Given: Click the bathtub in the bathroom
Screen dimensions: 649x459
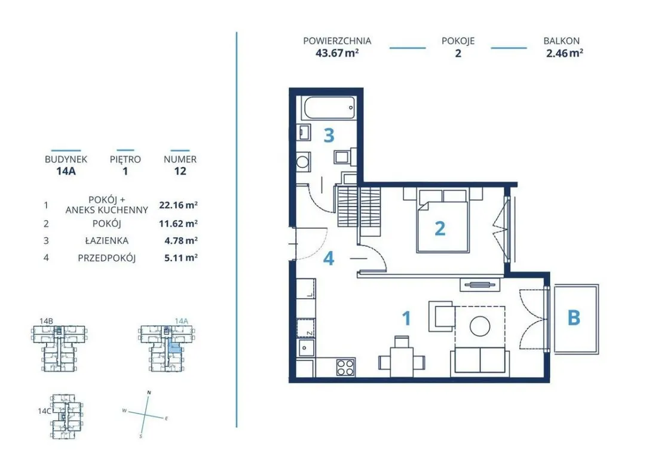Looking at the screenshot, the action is click(x=330, y=108).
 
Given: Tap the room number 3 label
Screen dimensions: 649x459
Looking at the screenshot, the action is click(x=329, y=135).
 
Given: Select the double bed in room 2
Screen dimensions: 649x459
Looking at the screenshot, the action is click(x=443, y=220).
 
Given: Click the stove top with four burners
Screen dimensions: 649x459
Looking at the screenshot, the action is click(x=345, y=367).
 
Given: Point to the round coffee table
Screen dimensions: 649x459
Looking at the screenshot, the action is click(x=480, y=326).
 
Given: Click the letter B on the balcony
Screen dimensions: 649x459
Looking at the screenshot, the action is click(x=574, y=318).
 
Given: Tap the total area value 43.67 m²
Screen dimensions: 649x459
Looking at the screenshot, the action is click(x=337, y=53).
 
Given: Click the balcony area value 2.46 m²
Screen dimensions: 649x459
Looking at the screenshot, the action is click(x=564, y=53).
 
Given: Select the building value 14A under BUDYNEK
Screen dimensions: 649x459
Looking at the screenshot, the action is click(x=66, y=171).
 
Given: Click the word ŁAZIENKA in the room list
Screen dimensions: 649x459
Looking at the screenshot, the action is click(x=107, y=240).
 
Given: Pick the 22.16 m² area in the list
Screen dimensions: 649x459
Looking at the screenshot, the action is click(x=179, y=205).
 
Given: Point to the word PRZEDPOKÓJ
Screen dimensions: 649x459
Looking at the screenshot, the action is click(x=107, y=258).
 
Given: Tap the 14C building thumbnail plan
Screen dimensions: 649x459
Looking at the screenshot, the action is click(x=66, y=416).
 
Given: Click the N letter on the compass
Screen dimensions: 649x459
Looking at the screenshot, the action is click(x=149, y=393).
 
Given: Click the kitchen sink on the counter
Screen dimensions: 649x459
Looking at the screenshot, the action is click(x=305, y=348).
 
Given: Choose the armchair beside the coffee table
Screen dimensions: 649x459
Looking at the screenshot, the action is click(x=441, y=316).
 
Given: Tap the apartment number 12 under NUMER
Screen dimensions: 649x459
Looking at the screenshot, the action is click(x=180, y=171).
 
